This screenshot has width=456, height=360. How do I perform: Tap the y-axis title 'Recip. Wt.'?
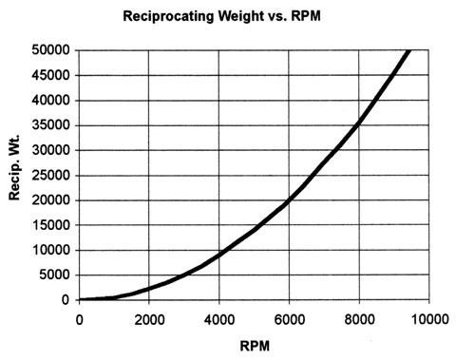click(x=16, y=175)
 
